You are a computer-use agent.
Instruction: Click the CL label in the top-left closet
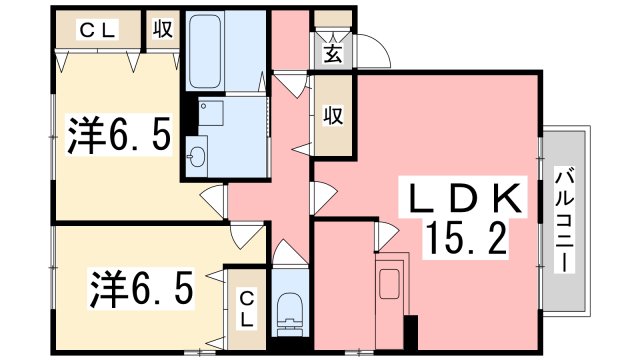pos(96,30)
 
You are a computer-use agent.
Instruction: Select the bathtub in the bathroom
pos(225,53)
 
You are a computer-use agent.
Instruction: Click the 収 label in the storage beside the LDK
pos(333,116)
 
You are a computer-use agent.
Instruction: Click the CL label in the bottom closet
pos(246,307)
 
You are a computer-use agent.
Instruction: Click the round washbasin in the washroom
pos(197,156)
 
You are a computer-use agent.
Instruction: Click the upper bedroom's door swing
pos(213,201)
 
